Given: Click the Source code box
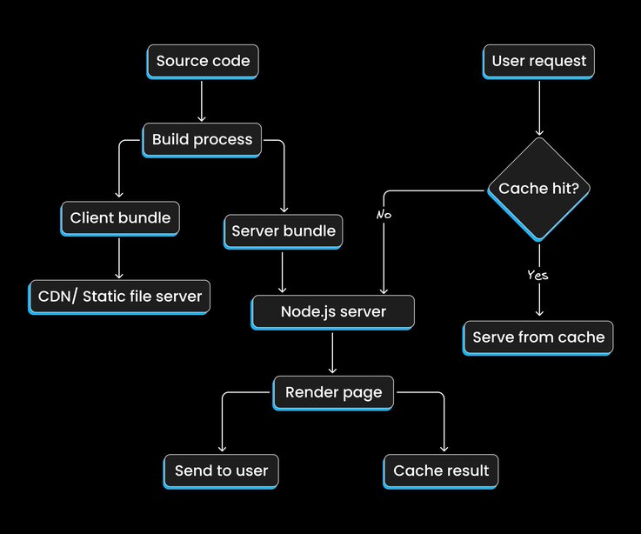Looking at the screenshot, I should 203,61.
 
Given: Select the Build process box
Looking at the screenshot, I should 202,139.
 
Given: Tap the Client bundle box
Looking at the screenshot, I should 120,217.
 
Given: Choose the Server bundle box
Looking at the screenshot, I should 284,231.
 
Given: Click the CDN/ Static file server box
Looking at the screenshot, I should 120,296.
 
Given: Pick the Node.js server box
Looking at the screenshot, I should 333,311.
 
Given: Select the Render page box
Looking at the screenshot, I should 333,392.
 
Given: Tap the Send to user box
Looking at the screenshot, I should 221,471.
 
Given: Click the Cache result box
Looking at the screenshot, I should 441,471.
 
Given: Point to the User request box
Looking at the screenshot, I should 539,61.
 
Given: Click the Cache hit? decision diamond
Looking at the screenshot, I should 539,189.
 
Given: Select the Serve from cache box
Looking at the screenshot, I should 538,337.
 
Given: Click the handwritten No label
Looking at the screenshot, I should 384,213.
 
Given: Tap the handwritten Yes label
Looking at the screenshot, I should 538,275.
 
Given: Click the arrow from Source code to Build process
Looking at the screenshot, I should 202,100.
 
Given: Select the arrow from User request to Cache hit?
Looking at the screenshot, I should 539,108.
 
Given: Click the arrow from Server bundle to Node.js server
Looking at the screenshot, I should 284,271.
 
